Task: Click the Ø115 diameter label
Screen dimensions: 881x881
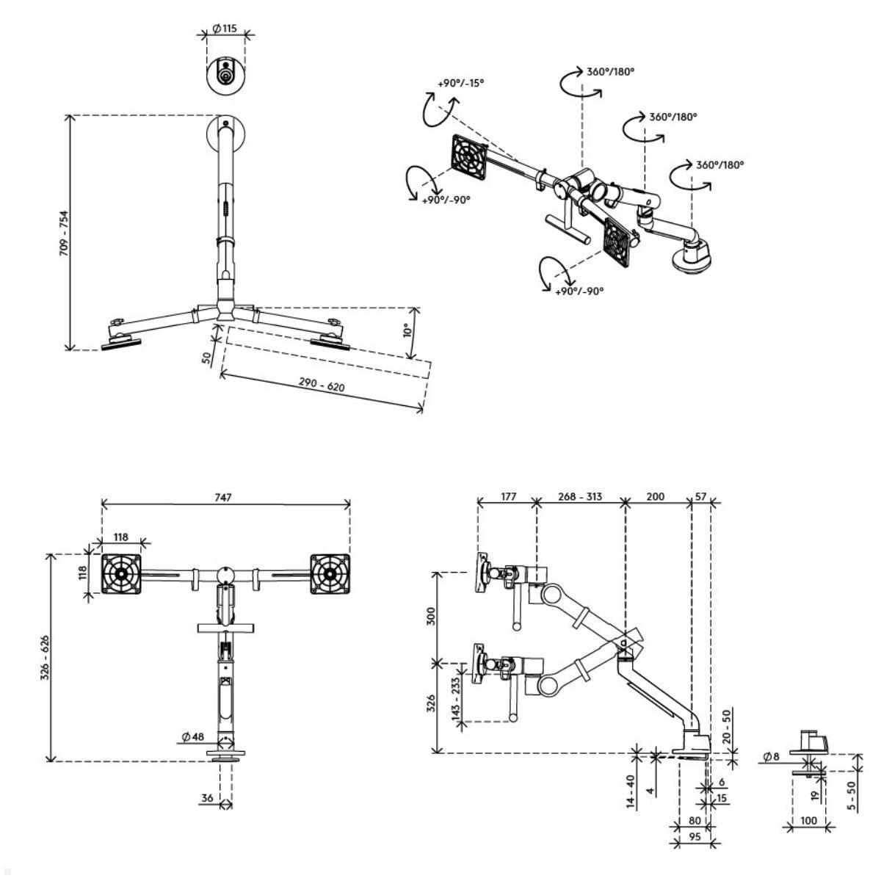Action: (225, 29)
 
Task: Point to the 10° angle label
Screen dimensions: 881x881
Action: (408, 330)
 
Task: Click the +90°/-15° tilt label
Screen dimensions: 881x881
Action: (460, 83)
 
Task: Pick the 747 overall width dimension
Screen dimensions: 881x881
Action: (223, 497)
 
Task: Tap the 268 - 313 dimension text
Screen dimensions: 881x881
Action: (579, 496)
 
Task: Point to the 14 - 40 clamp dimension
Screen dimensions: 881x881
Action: (631, 792)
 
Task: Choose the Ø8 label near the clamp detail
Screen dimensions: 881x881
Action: (771, 756)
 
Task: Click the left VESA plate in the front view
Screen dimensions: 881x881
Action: (120, 573)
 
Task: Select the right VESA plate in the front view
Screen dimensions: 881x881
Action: (330, 573)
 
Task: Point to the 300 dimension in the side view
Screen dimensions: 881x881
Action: (432, 617)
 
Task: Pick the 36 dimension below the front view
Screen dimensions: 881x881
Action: (208, 798)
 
